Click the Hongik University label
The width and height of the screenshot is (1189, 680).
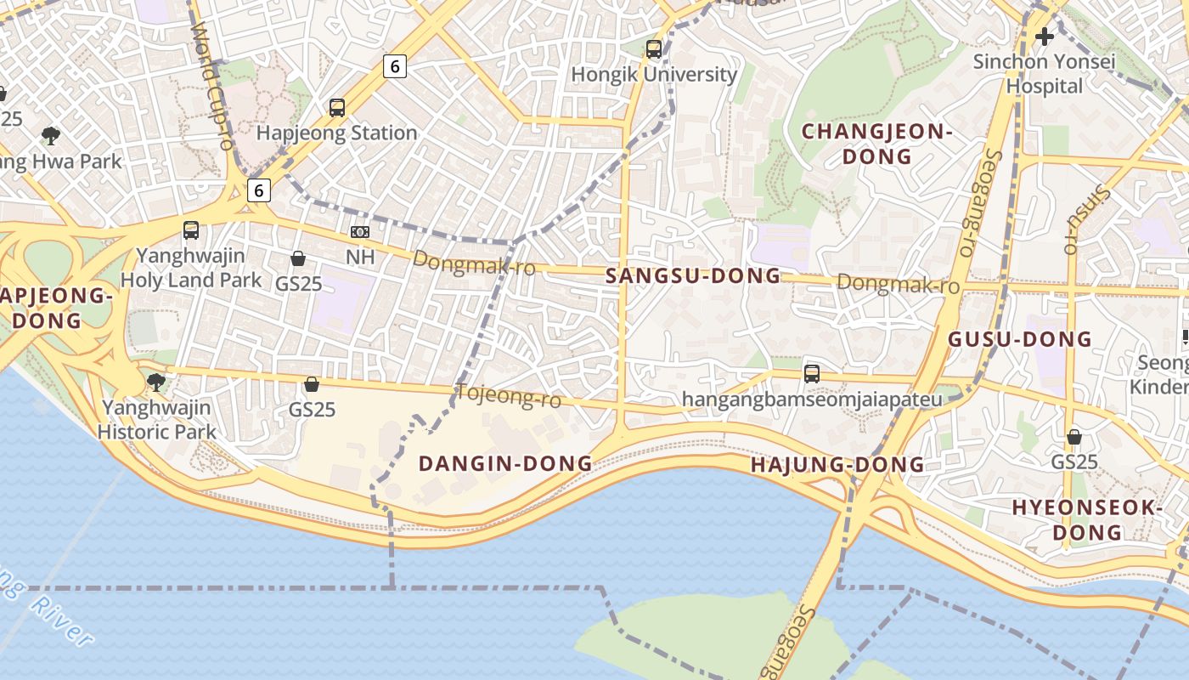point(654,75)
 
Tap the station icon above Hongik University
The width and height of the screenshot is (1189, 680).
point(653,49)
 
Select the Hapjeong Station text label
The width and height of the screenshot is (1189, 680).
point(336,133)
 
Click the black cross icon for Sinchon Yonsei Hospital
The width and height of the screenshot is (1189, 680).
point(1045,37)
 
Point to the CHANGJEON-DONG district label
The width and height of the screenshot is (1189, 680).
point(877,144)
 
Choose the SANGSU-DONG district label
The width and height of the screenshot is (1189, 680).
point(693,275)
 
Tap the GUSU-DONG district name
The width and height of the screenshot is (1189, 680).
point(1020,339)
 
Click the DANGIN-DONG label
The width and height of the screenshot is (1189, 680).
point(505,463)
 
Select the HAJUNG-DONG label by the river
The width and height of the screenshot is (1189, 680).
point(837,465)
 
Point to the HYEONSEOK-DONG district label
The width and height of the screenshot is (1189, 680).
point(1087,519)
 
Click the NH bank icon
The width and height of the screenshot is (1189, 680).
point(360,232)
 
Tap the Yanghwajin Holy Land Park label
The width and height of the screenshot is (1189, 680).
point(191,267)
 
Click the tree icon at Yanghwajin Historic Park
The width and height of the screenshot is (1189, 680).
point(155,382)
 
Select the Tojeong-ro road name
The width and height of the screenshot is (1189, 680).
point(509,395)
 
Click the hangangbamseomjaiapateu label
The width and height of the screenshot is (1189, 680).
point(812,399)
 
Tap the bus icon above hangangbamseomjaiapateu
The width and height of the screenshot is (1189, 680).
point(812,373)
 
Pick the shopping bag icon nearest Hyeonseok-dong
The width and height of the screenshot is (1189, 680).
point(1074,437)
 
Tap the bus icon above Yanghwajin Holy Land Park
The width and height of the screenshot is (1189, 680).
point(191,229)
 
